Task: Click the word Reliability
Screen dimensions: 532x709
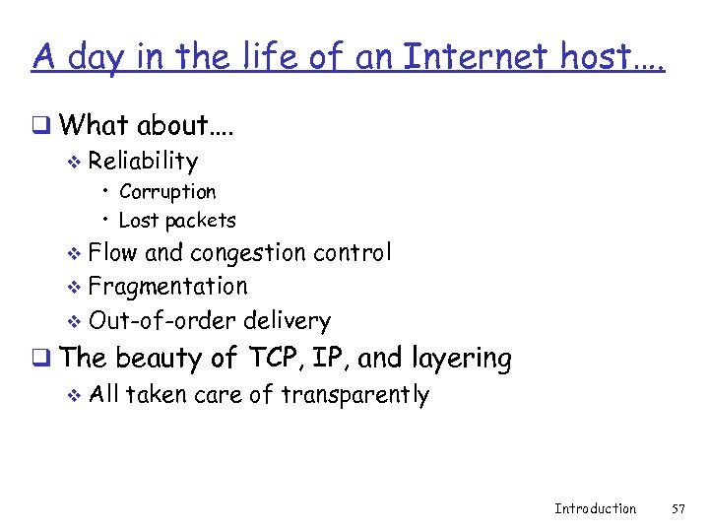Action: point(143,161)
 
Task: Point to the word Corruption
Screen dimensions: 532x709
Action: point(167,191)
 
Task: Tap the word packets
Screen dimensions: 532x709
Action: point(201,221)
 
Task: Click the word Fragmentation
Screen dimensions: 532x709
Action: point(167,287)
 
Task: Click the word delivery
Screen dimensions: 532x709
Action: point(287,321)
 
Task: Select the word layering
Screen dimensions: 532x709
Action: point(465,360)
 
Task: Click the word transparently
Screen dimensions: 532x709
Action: point(355,395)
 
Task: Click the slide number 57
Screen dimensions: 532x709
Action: point(677,508)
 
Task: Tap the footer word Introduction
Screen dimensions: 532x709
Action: point(595,508)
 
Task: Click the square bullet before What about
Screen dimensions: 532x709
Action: point(40,125)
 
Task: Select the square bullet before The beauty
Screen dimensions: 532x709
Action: point(40,359)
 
